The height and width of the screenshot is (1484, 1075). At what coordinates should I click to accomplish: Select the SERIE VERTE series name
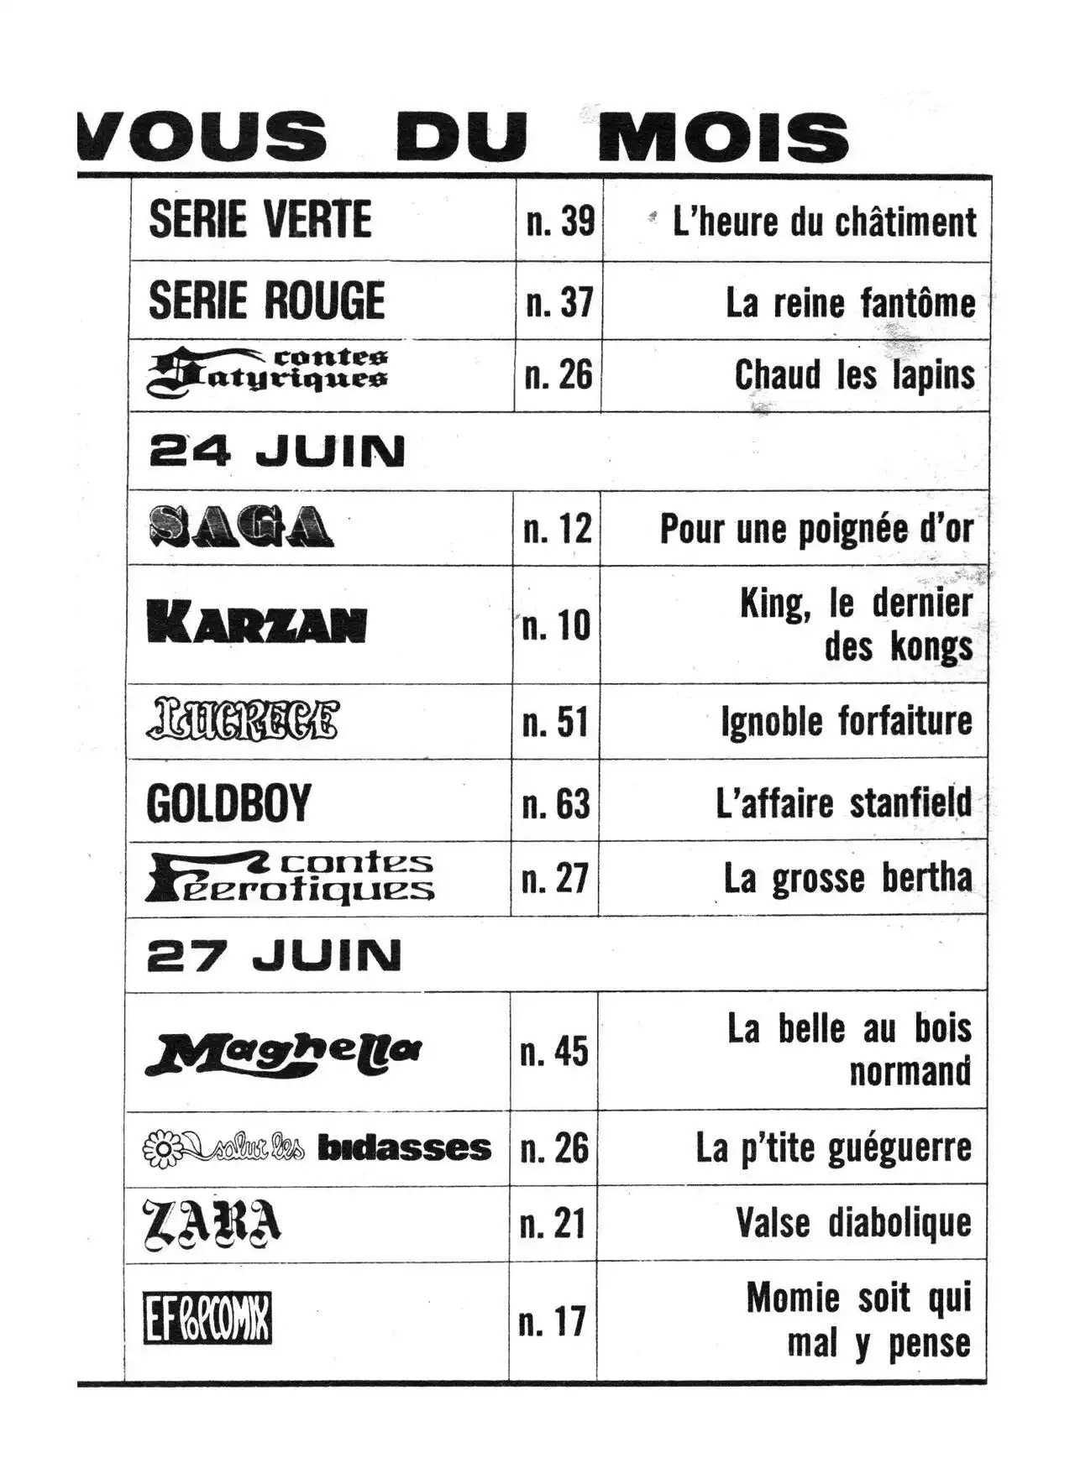(x=260, y=221)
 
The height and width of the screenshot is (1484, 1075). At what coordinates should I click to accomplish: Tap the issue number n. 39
(x=560, y=222)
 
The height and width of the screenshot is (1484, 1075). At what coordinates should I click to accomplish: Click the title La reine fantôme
(x=850, y=303)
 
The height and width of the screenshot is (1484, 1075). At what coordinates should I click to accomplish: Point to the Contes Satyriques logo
(x=268, y=374)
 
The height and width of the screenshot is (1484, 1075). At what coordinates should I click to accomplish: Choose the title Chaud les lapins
(x=854, y=375)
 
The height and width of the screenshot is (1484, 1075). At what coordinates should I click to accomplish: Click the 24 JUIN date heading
(x=276, y=452)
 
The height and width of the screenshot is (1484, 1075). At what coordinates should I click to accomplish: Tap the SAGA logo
(x=241, y=527)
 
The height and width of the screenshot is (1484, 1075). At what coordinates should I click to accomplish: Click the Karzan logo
(x=256, y=624)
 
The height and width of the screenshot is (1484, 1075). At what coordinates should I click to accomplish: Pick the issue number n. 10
(x=556, y=625)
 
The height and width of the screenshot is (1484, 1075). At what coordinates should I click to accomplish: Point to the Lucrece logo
(x=244, y=720)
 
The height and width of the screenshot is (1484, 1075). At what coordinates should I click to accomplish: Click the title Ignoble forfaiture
(x=846, y=722)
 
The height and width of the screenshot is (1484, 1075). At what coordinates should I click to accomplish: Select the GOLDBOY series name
(x=228, y=803)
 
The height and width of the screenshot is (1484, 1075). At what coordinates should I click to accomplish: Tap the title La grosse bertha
(x=847, y=879)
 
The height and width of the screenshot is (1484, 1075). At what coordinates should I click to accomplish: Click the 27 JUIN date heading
(x=274, y=955)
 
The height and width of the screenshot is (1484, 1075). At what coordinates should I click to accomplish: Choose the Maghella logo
(x=284, y=1053)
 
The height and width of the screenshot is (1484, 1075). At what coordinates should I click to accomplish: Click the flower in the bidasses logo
(x=160, y=1148)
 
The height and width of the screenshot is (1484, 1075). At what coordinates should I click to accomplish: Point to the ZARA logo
(x=212, y=1224)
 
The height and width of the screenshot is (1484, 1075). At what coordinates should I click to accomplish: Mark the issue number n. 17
(x=552, y=1322)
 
